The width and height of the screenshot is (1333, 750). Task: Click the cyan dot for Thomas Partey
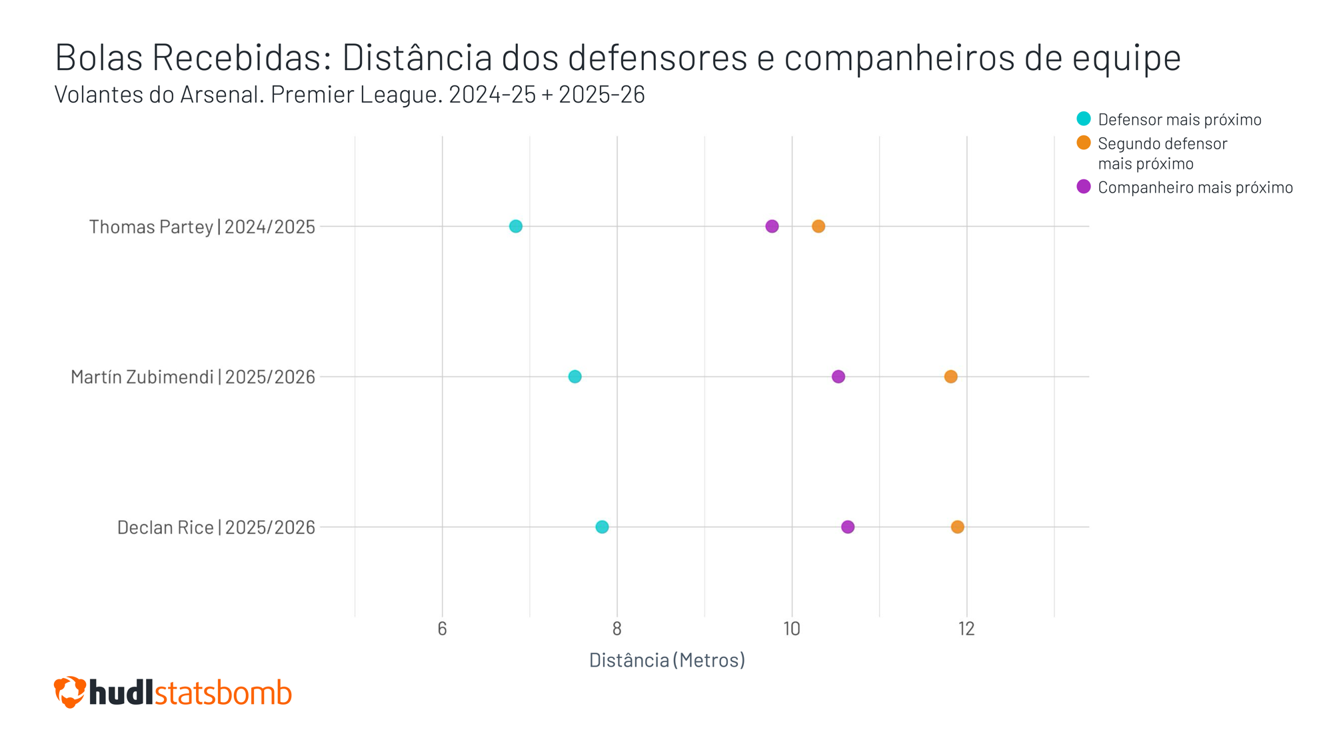[x=515, y=226]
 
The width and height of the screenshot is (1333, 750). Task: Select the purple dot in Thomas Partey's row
[x=772, y=226]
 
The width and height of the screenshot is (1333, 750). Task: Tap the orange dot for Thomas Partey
[x=818, y=226]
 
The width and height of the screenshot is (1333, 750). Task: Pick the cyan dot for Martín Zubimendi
[x=575, y=377]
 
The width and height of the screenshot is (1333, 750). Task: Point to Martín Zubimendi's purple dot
[x=838, y=377]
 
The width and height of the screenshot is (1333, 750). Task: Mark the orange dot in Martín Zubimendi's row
[x=950, y=377]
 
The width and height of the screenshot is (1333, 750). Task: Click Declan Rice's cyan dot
[x=602, y=527]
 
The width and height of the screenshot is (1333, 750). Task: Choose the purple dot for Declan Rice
[x=848, y=527]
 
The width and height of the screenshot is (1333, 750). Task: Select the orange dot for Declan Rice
[x=957, y=527]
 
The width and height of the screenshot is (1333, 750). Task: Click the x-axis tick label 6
[x=442, y=629]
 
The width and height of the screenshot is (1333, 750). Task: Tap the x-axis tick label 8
[x=617, y=629]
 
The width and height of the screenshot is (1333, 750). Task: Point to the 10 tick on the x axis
[x=792, y=629]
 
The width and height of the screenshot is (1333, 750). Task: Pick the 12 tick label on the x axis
[x=966, y=629]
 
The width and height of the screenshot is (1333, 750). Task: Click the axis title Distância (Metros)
[x=666, y=660]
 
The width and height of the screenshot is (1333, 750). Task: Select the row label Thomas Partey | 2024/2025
[x=202, y=227]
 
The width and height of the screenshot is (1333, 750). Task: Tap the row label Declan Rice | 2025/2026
[x=216, y=527]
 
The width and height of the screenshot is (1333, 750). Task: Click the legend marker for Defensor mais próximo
[x=1084, y=119]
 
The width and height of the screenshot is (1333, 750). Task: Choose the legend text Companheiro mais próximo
[x=1195, y=187]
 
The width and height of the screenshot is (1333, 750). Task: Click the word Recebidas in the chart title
[x=241, y=57]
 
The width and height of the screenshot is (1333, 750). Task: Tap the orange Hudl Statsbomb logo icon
[x=69, y=692]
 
